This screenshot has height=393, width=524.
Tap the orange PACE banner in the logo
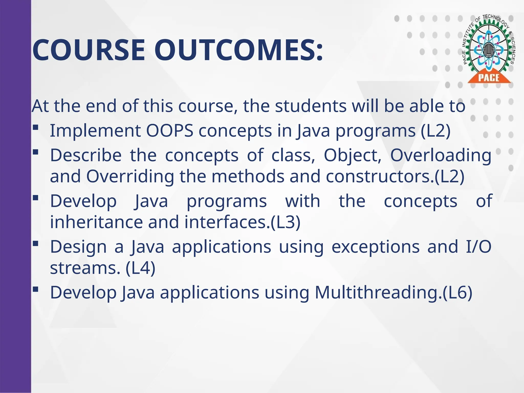tap(489, 78)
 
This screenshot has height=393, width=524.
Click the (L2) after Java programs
tap(435, 131)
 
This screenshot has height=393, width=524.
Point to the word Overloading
tap(441, 155)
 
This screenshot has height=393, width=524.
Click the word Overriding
tap(130, 177)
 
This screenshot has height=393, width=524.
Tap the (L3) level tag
tap(285, 222)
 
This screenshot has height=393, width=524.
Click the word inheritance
tap(96, 222)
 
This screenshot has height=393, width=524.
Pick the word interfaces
tap(225, 222)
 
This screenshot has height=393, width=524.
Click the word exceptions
tap(376, 247)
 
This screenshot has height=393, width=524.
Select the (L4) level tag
tap(140, 268)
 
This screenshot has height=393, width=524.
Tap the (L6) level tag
tap(457, 292)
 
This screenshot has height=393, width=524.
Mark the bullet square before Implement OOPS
tap(36, 127)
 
